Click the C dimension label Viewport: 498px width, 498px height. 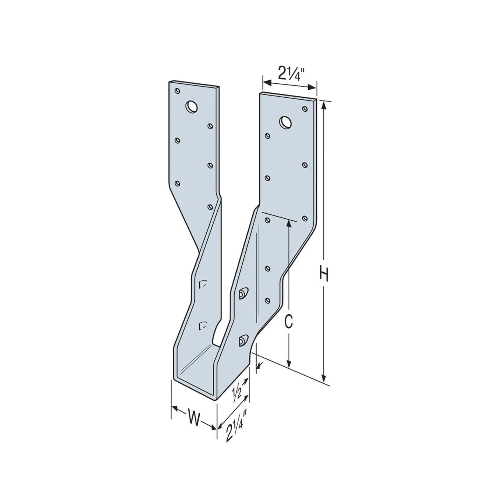289,322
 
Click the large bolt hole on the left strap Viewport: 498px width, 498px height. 191,107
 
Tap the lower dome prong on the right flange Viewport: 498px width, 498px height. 243,339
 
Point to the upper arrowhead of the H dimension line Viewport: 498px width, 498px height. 324,104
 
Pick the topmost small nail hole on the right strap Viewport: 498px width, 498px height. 304,109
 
